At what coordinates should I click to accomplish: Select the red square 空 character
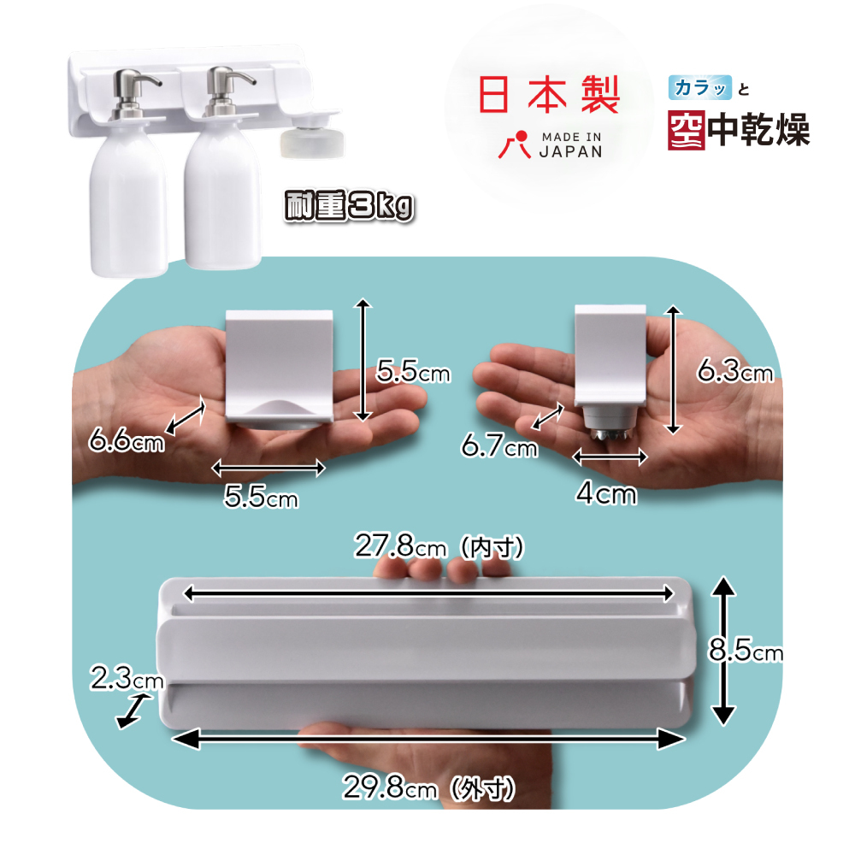click(x=687, y=129)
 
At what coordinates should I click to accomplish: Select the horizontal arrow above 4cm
click(x=610, y=457)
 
